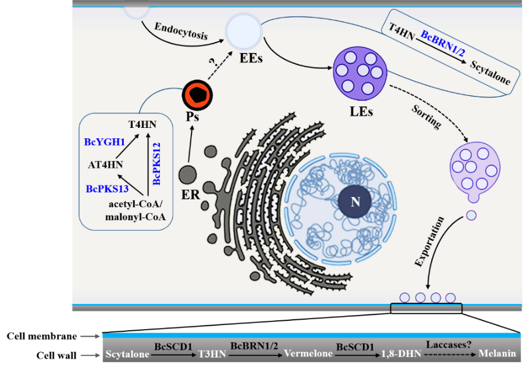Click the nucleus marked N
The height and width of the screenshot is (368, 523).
click(355, 202)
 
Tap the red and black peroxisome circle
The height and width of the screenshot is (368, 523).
click(199, 94)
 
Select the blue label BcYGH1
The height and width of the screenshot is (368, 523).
click(105, 141)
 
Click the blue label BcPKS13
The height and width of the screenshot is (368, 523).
click(107, 188)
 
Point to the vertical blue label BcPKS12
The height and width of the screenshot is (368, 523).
click(156, 163)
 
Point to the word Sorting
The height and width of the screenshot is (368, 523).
click(426, 116)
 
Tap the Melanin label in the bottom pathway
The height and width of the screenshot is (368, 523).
click(497, 353)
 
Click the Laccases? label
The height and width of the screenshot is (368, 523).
click(446, 344)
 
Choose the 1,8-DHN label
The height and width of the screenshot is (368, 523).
click(397, 353)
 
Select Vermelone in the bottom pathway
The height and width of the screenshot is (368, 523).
click(303, 353)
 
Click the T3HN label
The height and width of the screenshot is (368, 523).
click(209, 353)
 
